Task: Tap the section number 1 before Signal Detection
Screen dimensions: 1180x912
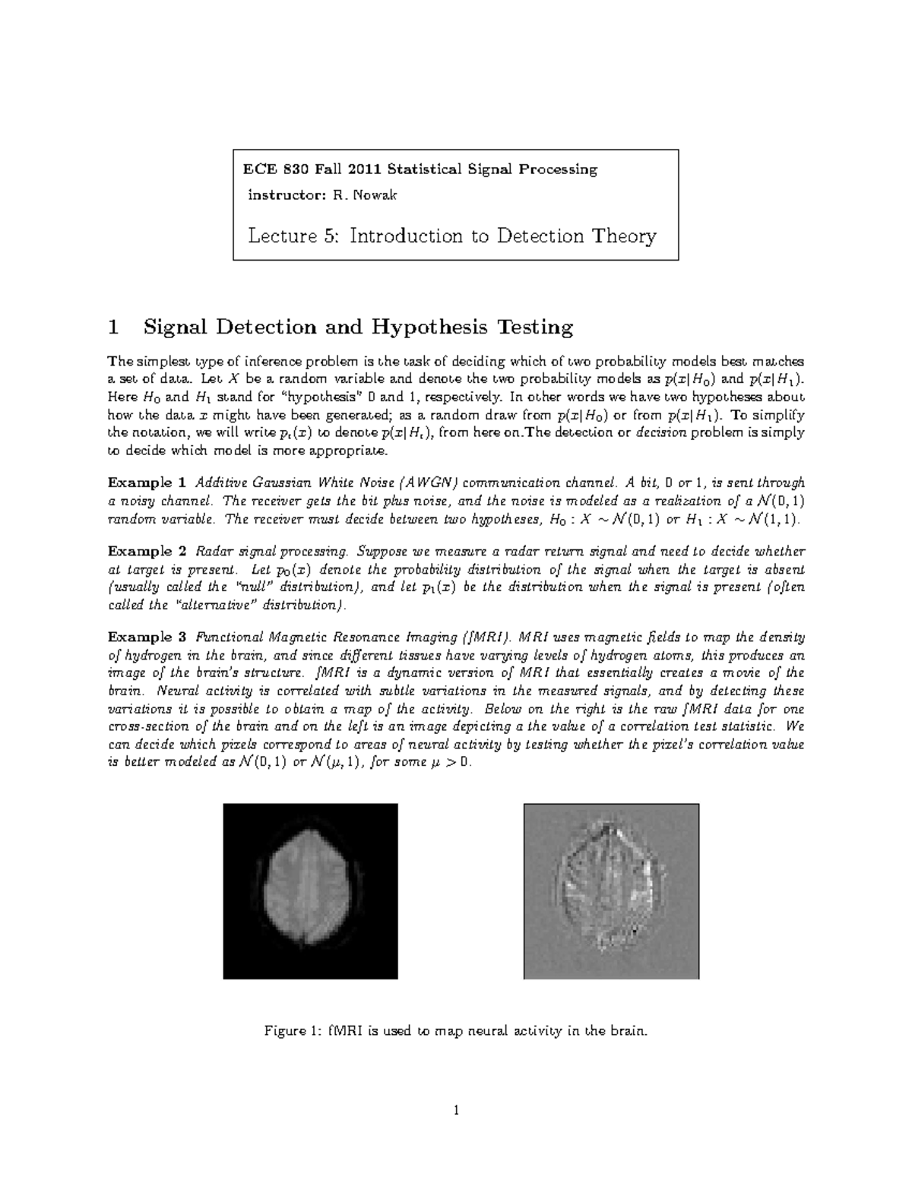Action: point(113,327)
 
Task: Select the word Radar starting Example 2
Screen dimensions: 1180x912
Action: point(215,552)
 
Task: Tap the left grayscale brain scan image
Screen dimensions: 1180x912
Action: point(310,891)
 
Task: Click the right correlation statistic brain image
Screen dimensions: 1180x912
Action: point(610,891)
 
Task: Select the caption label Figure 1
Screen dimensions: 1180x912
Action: point(291,1031)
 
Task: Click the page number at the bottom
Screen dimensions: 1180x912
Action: point(456,1111)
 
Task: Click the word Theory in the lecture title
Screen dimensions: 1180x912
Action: point(627,236)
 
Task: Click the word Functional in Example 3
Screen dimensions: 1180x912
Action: point(226,637)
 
